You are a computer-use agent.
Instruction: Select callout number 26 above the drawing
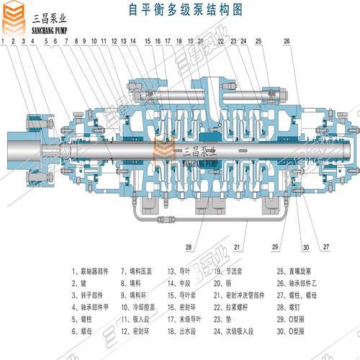point(287,42)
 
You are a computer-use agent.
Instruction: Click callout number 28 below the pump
point(189,248)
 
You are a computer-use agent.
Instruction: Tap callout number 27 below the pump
point(326,248)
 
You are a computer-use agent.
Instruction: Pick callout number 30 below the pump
point(305,248)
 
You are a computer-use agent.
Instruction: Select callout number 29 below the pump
point(274,248)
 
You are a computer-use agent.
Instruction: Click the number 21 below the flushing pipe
point(236,248)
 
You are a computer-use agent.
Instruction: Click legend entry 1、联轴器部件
point(91,271)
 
